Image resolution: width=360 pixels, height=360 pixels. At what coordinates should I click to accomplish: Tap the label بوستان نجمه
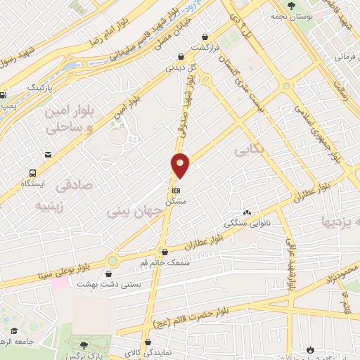[291, 16]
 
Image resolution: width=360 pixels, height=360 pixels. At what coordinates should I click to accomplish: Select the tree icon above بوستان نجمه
[291, 6]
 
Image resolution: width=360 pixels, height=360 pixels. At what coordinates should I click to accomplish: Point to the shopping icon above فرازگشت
[205, 36]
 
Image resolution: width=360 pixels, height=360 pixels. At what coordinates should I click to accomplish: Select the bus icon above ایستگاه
[32, 172]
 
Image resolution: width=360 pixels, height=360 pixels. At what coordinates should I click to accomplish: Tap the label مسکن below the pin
[175, 202]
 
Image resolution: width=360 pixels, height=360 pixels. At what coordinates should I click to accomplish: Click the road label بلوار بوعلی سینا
[59, 266]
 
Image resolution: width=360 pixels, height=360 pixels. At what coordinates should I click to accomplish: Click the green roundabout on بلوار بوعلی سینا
[112, 261]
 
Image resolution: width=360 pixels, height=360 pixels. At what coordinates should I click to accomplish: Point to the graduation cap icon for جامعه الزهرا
[13, 331]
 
